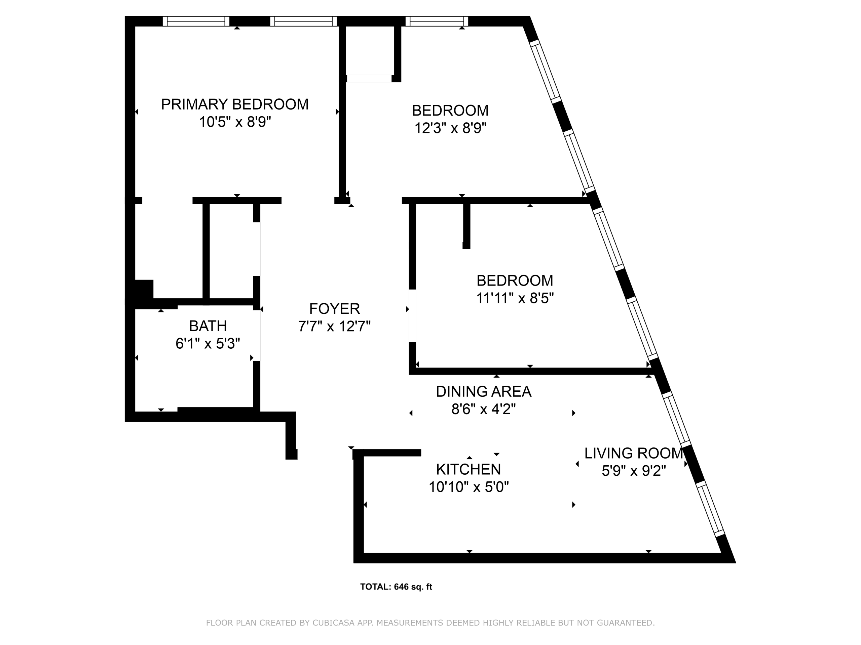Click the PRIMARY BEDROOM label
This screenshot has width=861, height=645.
[x=235, y=104]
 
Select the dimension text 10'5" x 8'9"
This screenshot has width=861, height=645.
[x=235, y=122]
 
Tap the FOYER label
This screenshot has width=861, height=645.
[x=334, y=309]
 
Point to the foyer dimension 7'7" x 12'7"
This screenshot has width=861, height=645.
[x=334, y=326]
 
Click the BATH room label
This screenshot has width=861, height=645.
[x=208, y=326]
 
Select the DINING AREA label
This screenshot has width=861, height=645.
[x=483, y=391]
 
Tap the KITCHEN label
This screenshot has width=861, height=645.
[x=469, y=469]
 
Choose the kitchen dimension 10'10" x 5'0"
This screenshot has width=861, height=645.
[x=469, y=487]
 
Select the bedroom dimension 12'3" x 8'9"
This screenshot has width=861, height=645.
[x=450, y=128]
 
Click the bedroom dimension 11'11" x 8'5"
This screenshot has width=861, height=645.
[x=515, y=298]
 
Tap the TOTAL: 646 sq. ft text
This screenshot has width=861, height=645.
[x=396, y=587]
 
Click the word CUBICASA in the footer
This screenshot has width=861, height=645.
[x=334, y=622]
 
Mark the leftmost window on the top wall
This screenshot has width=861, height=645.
[x=196, y=21]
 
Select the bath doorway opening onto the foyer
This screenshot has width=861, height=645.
[x=257, y=336]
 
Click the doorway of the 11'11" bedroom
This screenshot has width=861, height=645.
[x=412, y=316]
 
